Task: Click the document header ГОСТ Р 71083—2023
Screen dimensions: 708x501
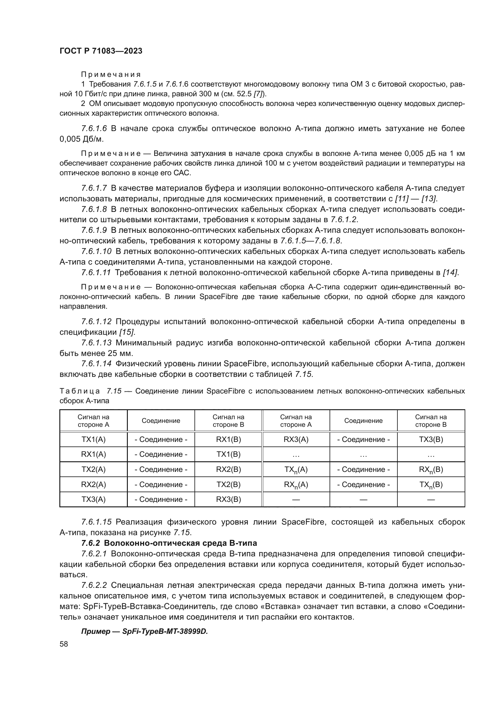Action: [101, 51]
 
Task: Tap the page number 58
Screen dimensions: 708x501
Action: [64, 644]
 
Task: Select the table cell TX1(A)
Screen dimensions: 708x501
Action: [94, 440]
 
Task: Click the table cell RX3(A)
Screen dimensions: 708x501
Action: [296, 440]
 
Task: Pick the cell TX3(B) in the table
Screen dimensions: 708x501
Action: [431, 440]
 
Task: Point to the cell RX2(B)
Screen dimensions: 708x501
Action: [228, 469]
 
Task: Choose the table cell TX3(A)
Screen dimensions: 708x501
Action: [94, 499]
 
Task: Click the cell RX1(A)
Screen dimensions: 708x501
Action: [94, 454]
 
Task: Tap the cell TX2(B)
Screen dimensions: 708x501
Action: [228, 484]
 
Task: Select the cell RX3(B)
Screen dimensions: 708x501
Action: [228, 499]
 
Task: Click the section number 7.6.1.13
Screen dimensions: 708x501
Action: [96, 343]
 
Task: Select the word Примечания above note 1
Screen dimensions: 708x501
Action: [111, 74]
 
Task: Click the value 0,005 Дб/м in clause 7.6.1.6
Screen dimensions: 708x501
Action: [81, 139]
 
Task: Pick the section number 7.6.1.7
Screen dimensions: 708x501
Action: [94, 188]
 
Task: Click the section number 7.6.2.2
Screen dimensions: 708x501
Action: [94, 585]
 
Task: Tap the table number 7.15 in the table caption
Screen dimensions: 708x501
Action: [114, 391]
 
